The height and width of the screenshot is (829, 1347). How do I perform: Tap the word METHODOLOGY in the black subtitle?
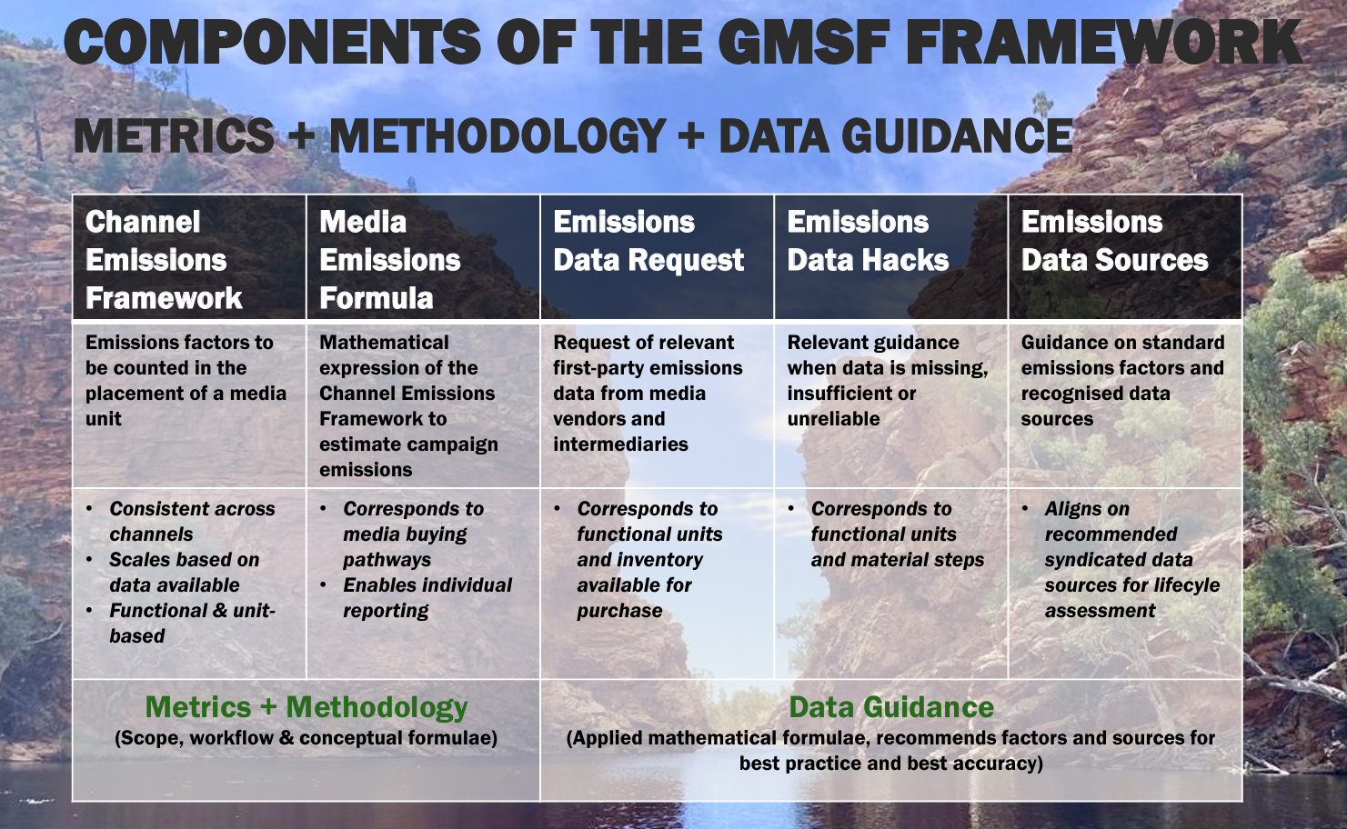tap(498, 135)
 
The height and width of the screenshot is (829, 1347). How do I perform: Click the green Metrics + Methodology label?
tap(307, 707)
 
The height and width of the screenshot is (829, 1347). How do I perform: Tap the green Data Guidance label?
tap(891, 707)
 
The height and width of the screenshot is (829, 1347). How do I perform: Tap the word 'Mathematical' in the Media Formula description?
tap(384, 343)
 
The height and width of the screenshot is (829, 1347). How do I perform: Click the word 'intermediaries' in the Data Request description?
tap(620, 444)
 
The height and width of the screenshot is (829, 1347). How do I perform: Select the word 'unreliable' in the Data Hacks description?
tap(833, 419)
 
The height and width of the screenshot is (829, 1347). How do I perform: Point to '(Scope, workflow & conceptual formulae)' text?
tap(307, 738)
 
